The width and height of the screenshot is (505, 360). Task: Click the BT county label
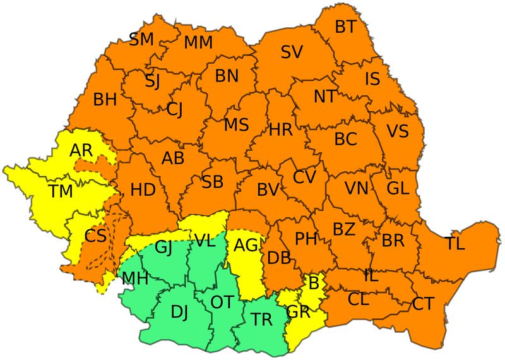pyautogui.click(x=345, y=27)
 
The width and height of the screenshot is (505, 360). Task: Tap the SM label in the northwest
pyautogui.click(x=141, y=39)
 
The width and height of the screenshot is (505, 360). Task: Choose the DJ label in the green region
pyautogui.click(x=179, y=311)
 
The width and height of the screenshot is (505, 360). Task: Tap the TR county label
pyautogui.click(x=261, y=320)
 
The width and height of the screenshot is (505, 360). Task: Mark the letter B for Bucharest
pyautogui.click(x=312, y=282)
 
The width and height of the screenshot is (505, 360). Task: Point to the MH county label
pyautogui.click(x=135, y=277)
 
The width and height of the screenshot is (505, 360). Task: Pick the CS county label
pyautogui.click(x=95, y=236)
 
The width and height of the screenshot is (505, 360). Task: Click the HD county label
pyautogui.click(x=143, y=189)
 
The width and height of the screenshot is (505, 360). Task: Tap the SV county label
pyautogui.click(x=292, y=52)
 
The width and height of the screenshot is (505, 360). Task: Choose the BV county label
pyautogui.click(x=268, y=189)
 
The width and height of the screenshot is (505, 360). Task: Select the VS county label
pyautogui.click(x=398, y=131)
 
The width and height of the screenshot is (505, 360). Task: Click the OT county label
pyautogui.click(x=222, y=302)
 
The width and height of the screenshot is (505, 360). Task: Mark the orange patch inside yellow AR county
pyautogui.click(x=95, y=165)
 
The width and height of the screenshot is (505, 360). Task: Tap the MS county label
pyautogui.click(x=236, y=124)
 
